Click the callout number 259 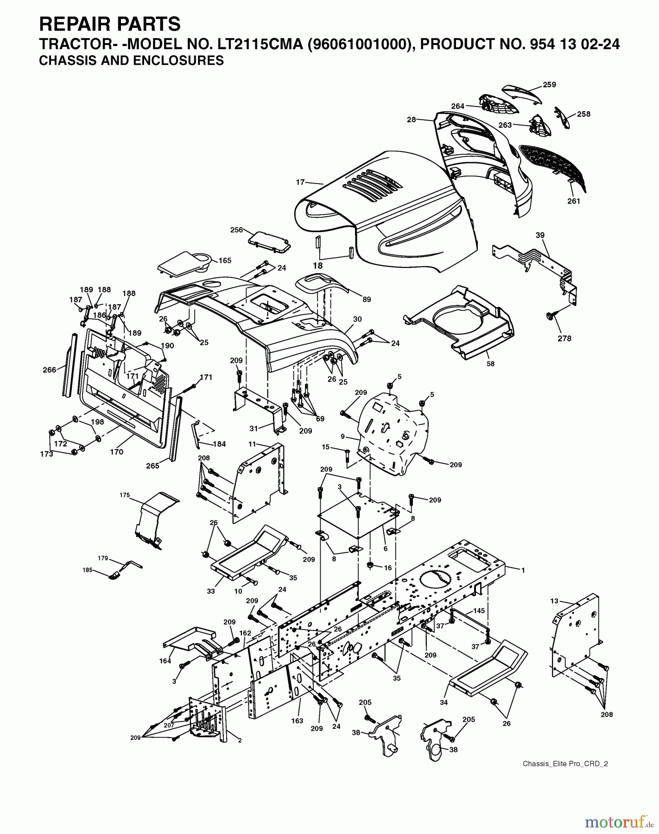pyautogui.click(x=549, y=85)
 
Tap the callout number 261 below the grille pyautogui.click(x=573, y=201)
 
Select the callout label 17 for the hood pyautogui.click(x=300, y=183)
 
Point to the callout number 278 pyautogui.click(x=564, y=338)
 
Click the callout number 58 pyautogui.click(x=490, y=364)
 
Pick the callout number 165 pyautogui.click(x=225, y=261)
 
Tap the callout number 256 pyautogui.click(x=236, y=230)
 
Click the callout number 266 pyautogui.click(x=49, y=370)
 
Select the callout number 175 pyautogui.click(x=124, y=495)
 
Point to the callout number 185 pyautogui.click(x=88, y=570)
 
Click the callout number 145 pyautogui.click(x=479, y=611)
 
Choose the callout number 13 pyautogui.click(x=554, y=601)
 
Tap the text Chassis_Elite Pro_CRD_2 pyautogui.click(x=565, y=764)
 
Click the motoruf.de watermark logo pyautogui.click(x=616, y=822)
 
